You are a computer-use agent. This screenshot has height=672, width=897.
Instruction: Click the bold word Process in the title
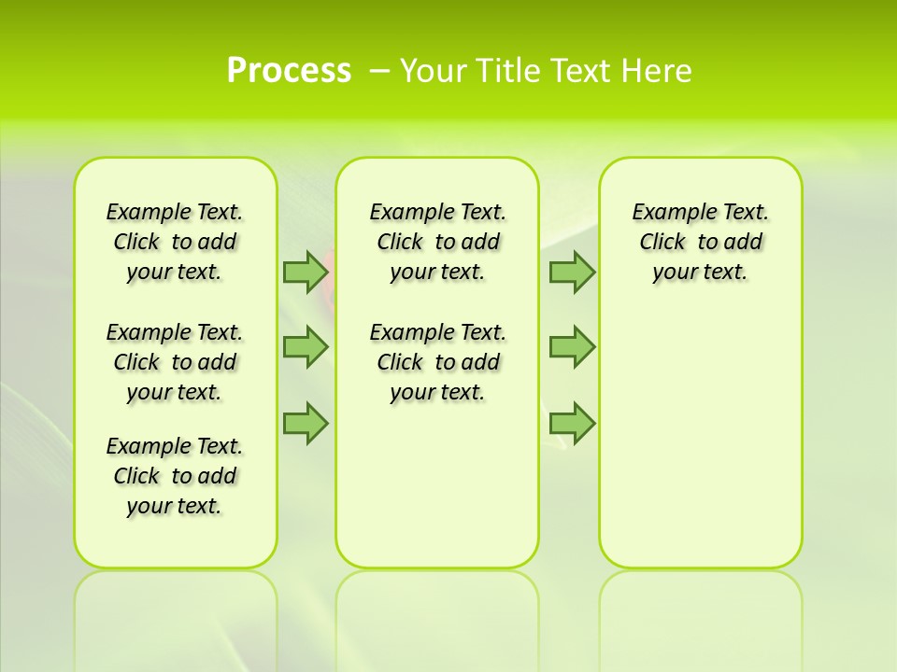tap(289, 70)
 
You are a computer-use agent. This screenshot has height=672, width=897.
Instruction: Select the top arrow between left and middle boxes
tap(306, 272)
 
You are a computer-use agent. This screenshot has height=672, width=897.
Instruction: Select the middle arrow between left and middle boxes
tap(306, 346)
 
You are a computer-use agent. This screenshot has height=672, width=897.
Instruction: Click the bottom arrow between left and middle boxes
tap(306, 423)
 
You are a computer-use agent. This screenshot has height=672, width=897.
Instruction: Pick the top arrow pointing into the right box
tap(572, 272)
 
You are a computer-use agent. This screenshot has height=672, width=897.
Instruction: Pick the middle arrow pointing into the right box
tap(572, 346)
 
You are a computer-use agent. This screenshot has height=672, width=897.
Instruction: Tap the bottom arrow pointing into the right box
tap(572, 423)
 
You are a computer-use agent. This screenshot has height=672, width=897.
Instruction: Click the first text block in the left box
tap(175, 242)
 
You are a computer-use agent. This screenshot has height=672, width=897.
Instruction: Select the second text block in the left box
tap(175, 362)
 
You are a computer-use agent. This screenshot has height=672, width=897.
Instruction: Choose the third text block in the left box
tap(175, 476)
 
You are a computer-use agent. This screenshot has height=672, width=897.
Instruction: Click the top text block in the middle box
tap(437, 242)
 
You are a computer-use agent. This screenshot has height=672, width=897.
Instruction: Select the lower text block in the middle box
tap(437, 362)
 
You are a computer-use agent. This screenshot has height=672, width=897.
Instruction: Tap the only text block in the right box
tap(700, 242)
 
